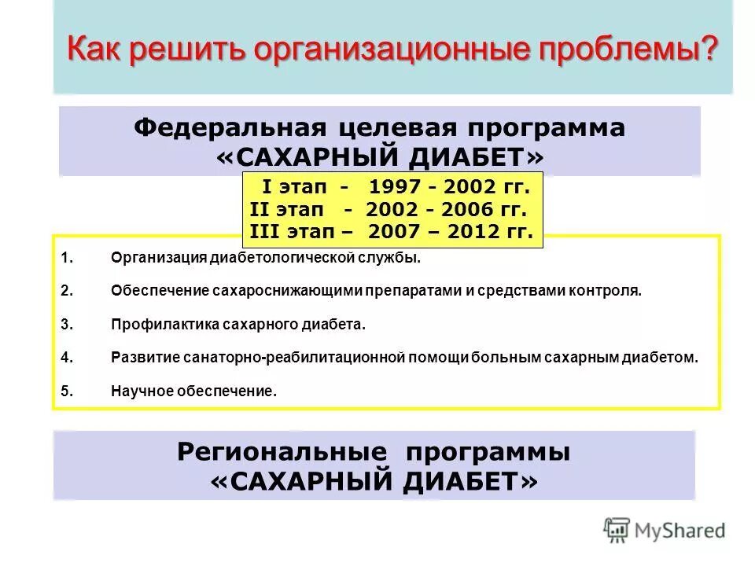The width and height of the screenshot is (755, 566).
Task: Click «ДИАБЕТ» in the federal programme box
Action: (465, 157)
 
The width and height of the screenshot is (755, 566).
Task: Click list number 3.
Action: (66, 323)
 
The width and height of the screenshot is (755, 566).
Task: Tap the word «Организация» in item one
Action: (158, 257)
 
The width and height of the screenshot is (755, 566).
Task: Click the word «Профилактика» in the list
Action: (160, 323)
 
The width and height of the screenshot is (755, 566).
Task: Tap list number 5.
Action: (66, 390)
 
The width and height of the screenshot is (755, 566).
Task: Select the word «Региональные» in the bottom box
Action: (282, 452)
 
